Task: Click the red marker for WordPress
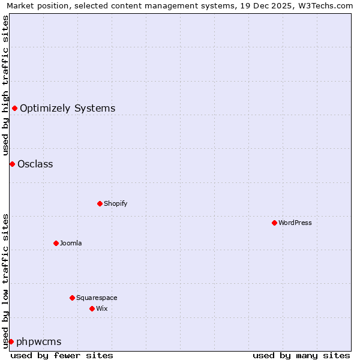[x=274, y=223]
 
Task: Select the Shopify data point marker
[x=100, y=203]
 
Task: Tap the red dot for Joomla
[x=56, y=243]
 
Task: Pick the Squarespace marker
[x=72, y=298]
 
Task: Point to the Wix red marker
[x=92, y=308]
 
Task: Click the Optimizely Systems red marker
[x=14, y=108]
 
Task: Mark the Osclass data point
[x=12, y=164]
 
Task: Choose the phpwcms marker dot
[x=11, y=341]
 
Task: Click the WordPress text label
[x=295, y=223]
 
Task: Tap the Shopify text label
[x=116, y=203]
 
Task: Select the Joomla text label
[x=71, y=243]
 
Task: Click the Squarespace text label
[x=97, y=298]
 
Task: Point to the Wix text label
[x=101, y=308]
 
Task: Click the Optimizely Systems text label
[x=67, y=109]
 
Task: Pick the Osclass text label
[x=35, y=164]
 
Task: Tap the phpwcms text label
[x=38, y=342]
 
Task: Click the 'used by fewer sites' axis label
[x=62, y=355]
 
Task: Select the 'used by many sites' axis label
[x=301, y=355]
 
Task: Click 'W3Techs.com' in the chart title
[x=329, y=6]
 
